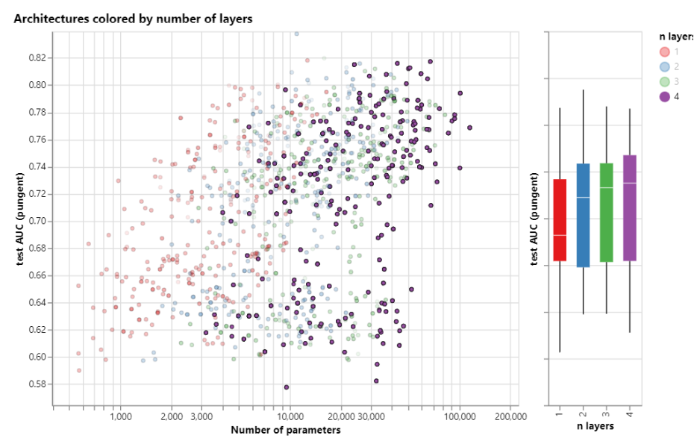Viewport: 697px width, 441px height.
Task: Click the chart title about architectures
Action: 133,19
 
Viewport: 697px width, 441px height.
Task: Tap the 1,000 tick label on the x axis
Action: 121,416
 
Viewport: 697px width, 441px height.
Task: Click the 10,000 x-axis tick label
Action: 290,416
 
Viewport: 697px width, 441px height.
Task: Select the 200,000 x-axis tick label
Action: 510,416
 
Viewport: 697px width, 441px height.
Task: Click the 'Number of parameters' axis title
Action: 286,430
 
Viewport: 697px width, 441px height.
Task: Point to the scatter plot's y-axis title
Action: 22,221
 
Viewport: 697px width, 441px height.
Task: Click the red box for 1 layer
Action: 560,220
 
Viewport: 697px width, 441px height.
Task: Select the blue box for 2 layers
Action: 583,215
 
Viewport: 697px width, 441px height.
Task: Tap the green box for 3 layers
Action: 606,213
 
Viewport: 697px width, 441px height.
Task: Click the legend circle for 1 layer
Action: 664,51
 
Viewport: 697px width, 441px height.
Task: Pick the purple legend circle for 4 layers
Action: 664,96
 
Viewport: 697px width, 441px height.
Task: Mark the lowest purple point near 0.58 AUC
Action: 286,387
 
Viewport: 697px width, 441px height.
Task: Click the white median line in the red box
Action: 560,235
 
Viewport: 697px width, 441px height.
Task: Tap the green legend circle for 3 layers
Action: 664,81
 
